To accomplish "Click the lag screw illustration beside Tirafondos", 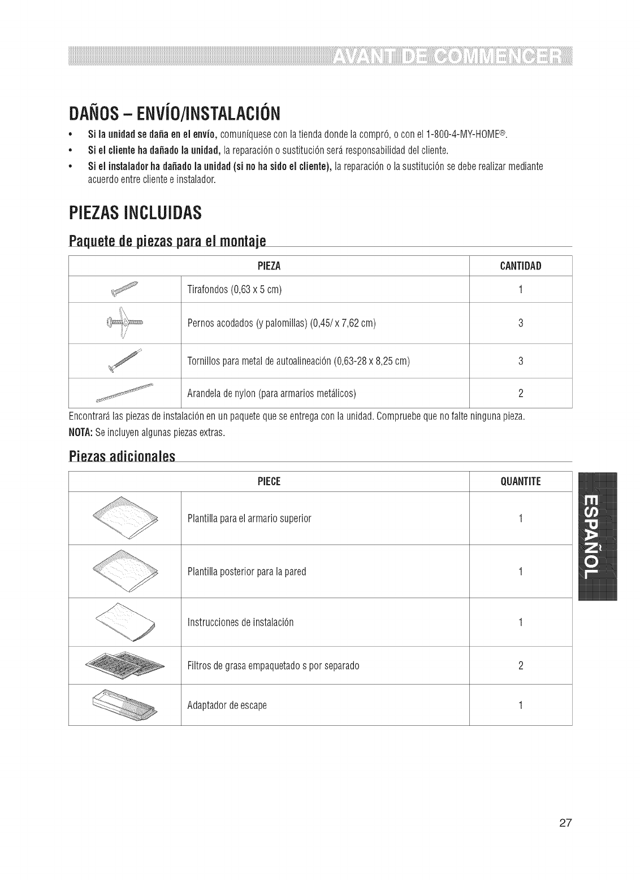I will point(125,289).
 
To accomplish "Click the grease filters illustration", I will point(126,665).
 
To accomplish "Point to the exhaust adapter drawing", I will point(126,705).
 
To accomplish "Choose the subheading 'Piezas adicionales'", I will point(122,456).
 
